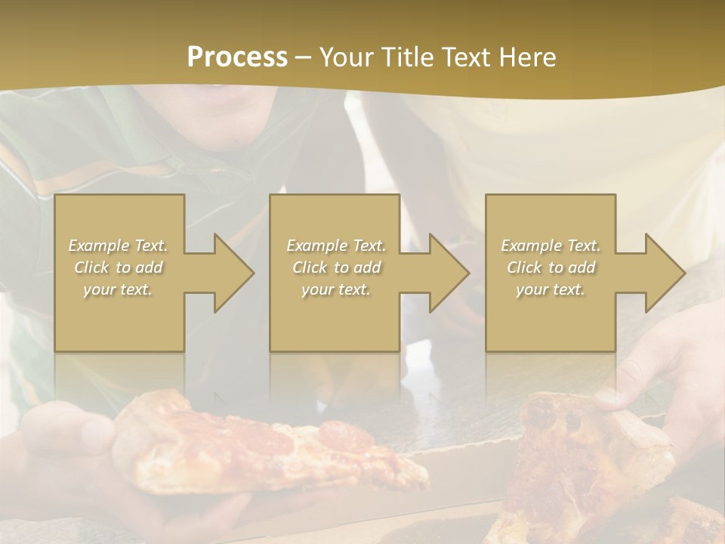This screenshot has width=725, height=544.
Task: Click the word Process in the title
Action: tap(237, 57)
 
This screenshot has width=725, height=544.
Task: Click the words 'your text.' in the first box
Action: tap(118, 289)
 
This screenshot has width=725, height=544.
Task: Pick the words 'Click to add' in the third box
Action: tap(551, 267)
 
